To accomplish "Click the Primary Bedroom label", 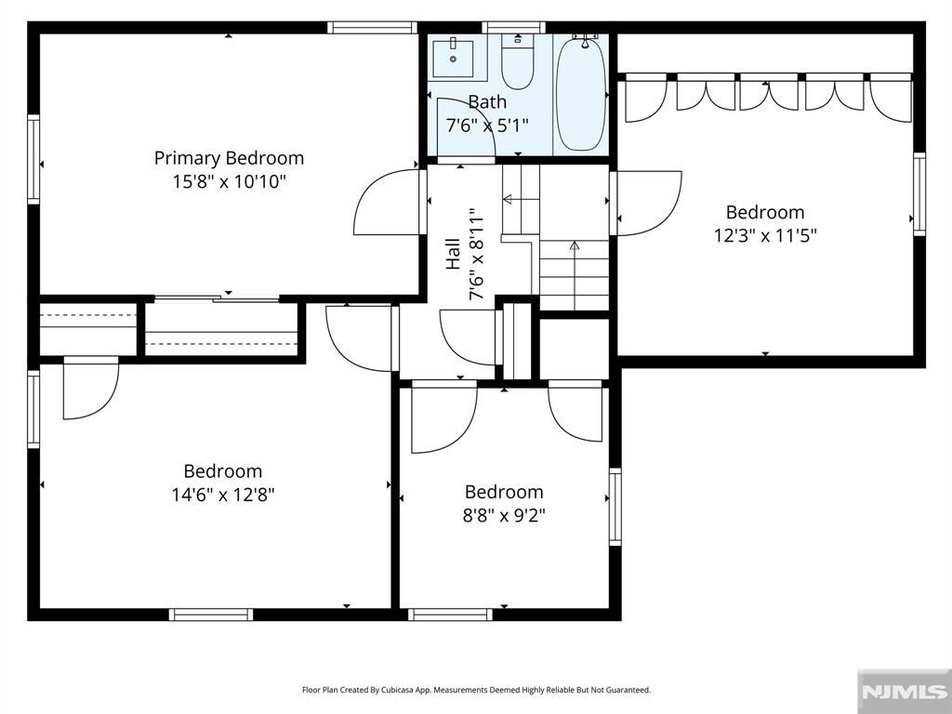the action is pyautogui.click(x=229, y=158).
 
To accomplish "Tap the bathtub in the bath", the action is pyautogui.click(x=581, y=93).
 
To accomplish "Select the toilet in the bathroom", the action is pyautogui.click(x=517, y=61).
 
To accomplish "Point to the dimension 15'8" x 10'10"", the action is pyautogui.click(x=229, y=181).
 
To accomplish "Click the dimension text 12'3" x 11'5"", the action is pyautogui.click(x=765, y=235).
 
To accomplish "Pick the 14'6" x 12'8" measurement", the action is pyautogui.click(x=223, y=495).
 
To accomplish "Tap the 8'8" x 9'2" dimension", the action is pyautogui.click(x=504, y=515).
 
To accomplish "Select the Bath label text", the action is pyautogui.click(x=487, y=102).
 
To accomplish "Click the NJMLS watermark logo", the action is pyautogui.click(x=904, y=692).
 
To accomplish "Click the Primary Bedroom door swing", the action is pyautogui.click(x=387, y=202).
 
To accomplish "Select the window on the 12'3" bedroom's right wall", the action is pyautogui.click(x=919, y=193).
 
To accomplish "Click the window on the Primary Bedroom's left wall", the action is pyautogui.click(x=33, y=159).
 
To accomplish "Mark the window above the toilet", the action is pyautogui.click(x=513, y=27).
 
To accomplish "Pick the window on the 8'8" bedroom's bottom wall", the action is pyautogui.click(x=450, y=615).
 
